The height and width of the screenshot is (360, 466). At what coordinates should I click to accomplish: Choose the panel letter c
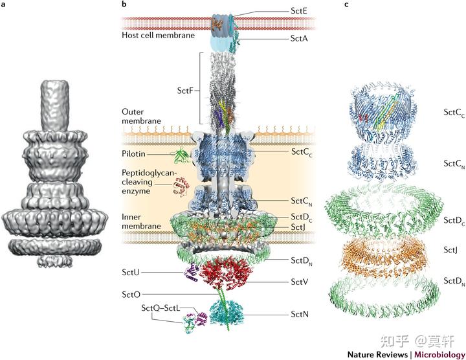(x=346, y=5)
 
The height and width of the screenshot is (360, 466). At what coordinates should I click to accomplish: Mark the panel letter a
(x=5, y=5)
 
